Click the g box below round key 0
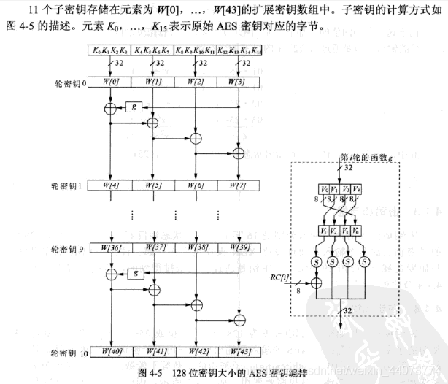133,107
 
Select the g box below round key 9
133,274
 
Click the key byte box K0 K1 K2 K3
110,51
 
